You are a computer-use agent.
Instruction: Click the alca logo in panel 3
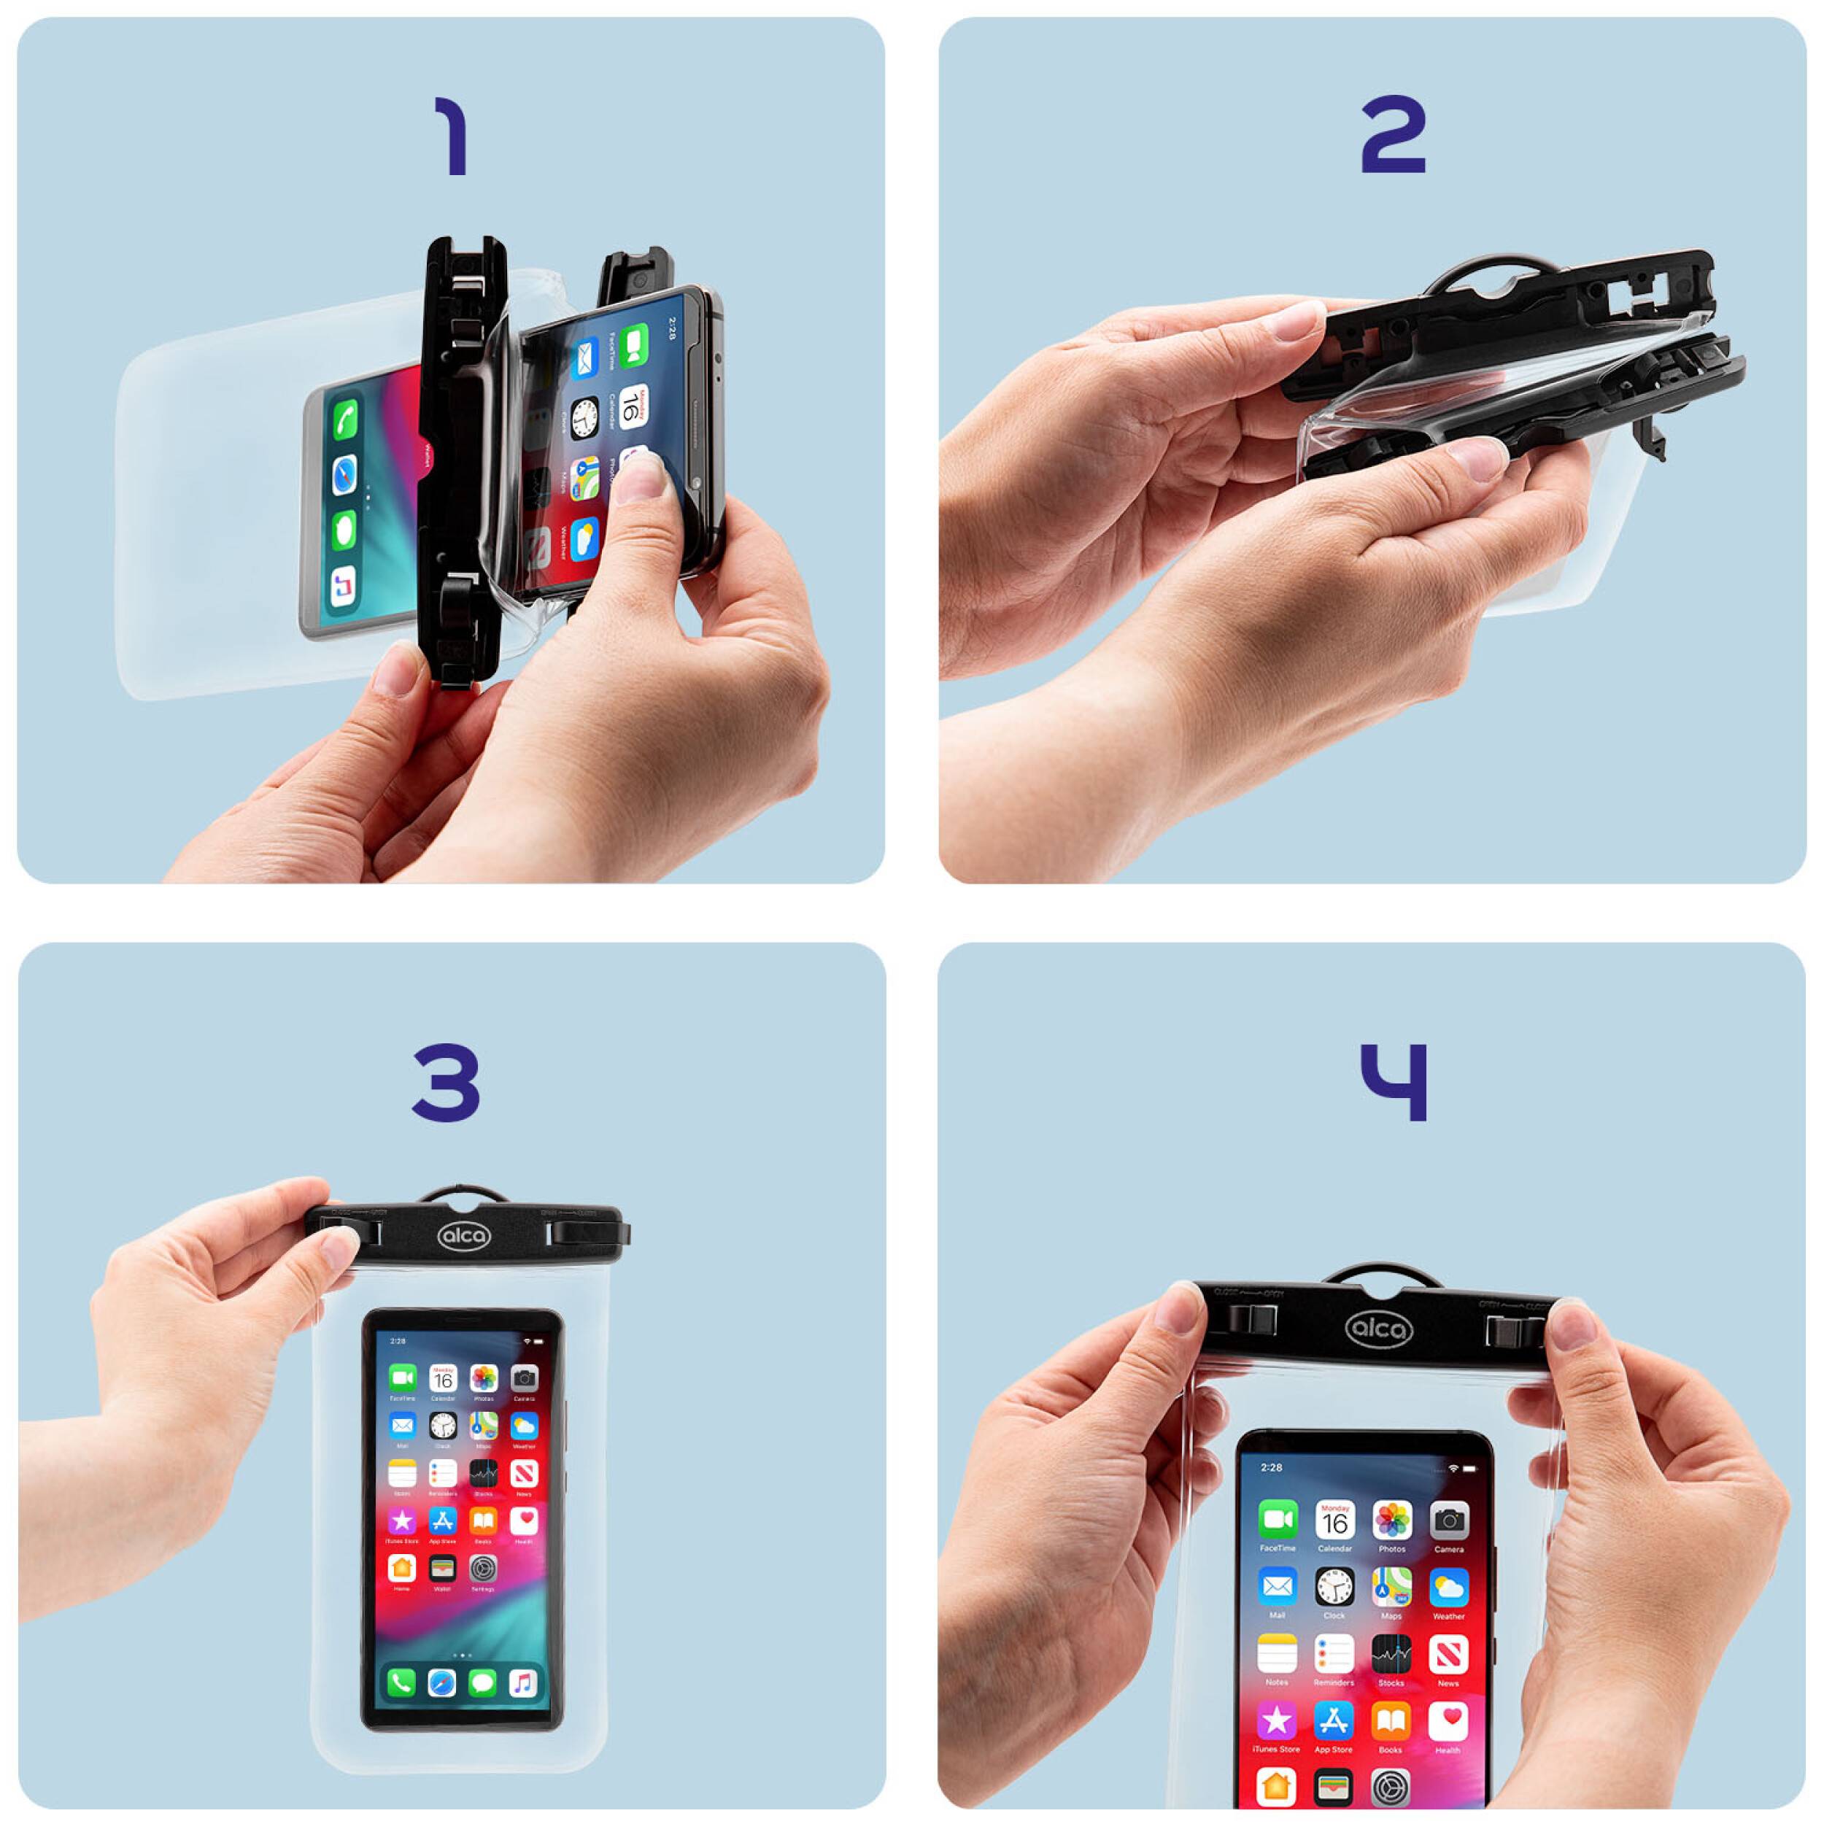463,1236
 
